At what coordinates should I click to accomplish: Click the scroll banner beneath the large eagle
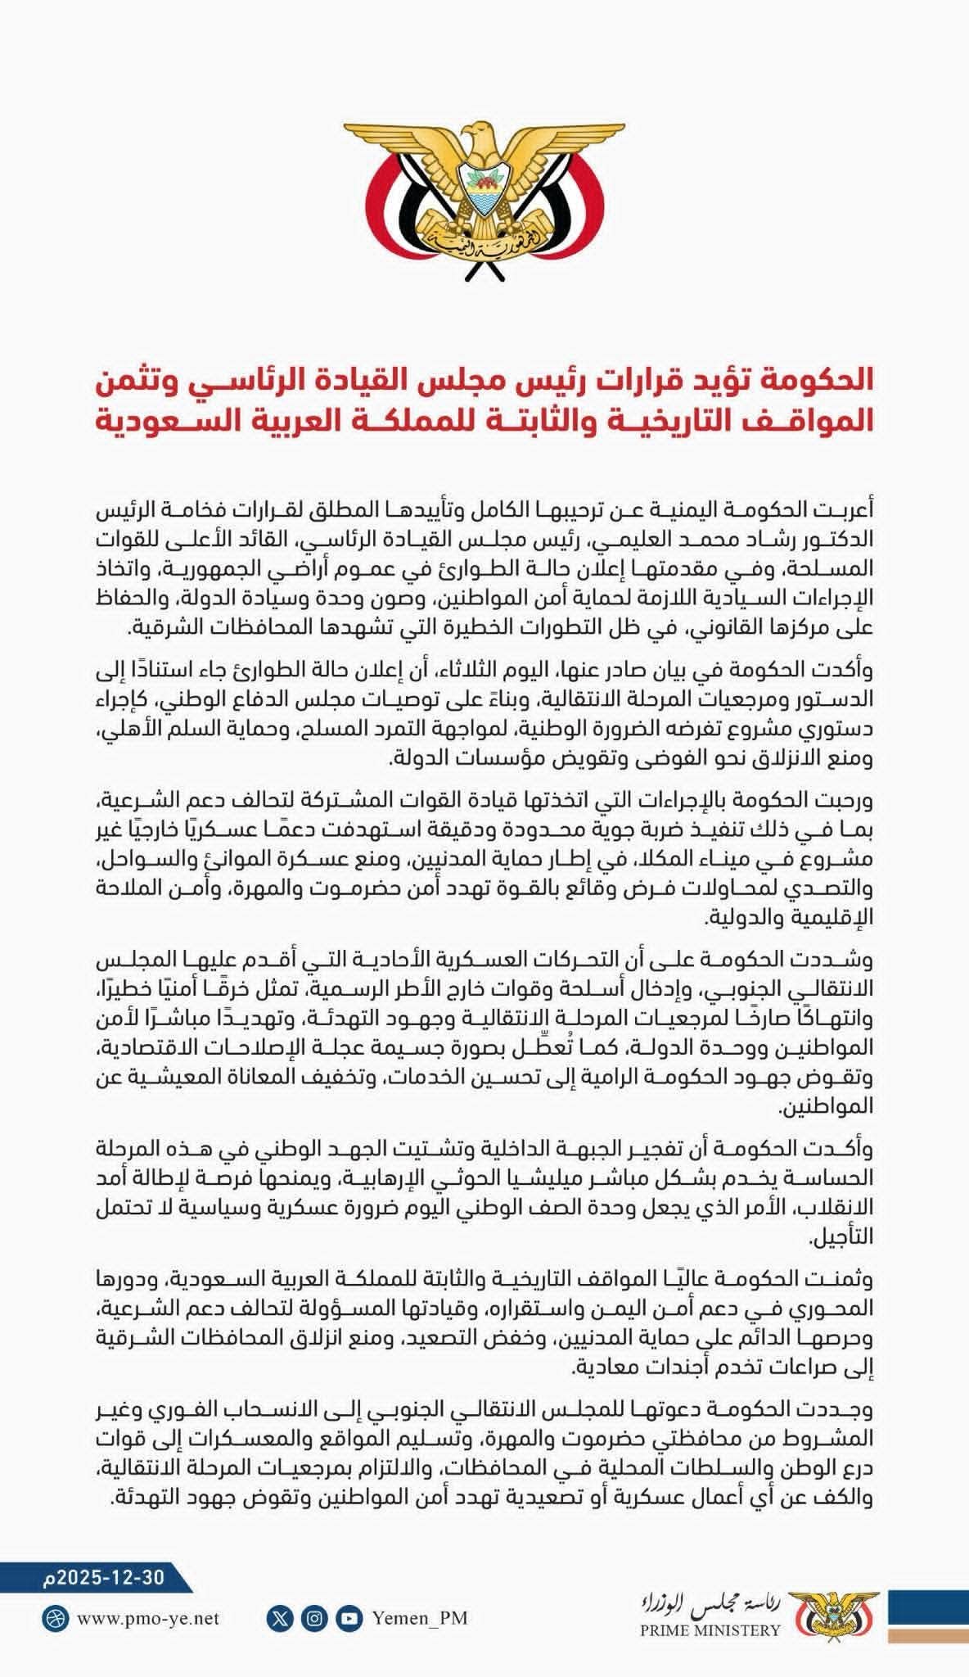tap(484, 243)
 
